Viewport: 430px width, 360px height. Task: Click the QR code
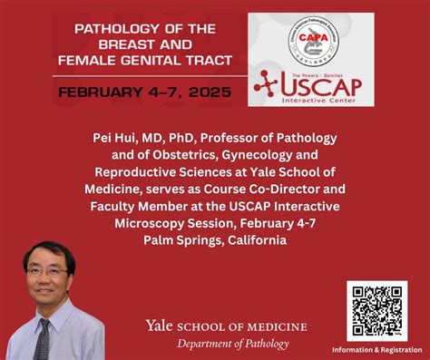tap(376, 311)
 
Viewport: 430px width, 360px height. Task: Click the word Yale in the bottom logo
tap(161, 326)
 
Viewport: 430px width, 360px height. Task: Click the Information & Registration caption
tap(376, 349)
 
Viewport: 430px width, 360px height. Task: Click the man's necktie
tap(42, 337)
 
